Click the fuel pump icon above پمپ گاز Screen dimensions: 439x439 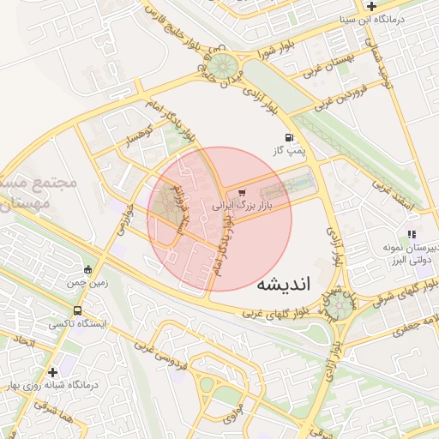tap(288, 138)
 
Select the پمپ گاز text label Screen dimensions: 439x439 tap(289, 151)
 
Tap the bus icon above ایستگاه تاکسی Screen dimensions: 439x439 tap(78, 311)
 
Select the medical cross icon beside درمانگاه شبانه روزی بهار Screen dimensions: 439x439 tap(53, 372)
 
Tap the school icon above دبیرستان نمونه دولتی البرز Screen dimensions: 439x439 tap(412, 234)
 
